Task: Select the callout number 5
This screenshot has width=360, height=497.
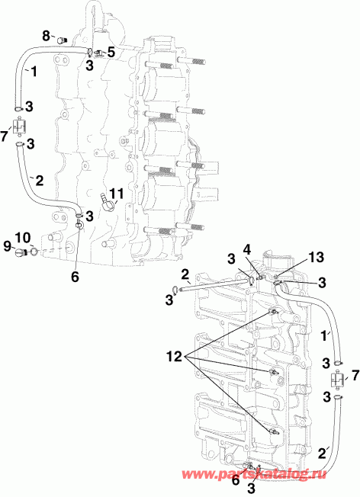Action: (111, 52)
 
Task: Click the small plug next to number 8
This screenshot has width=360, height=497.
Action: (62, 40)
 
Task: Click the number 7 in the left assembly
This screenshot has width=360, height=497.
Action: (7, 135)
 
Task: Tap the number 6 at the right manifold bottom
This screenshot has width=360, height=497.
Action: (236, 479)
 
